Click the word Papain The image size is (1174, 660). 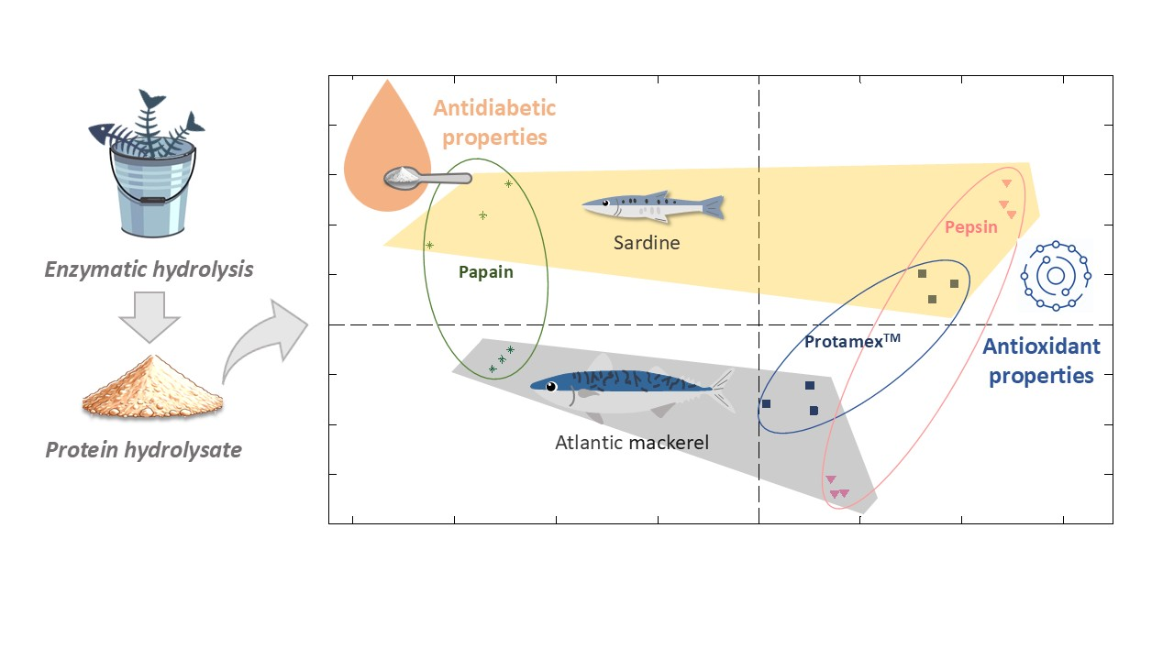coord(486,272)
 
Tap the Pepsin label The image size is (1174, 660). coord(971,226)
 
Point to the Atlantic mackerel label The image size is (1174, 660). coord(632,443)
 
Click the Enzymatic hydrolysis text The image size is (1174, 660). coord(150,269)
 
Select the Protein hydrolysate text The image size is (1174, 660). coord(144,450)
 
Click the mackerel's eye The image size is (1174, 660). coord(550,386)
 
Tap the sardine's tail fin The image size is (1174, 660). coord(711,207)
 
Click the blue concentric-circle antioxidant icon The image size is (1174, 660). coord(1056,275)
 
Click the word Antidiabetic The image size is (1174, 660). coord(494,108)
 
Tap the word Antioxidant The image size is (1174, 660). coord(1041,346)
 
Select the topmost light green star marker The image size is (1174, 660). coord(508,184)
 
